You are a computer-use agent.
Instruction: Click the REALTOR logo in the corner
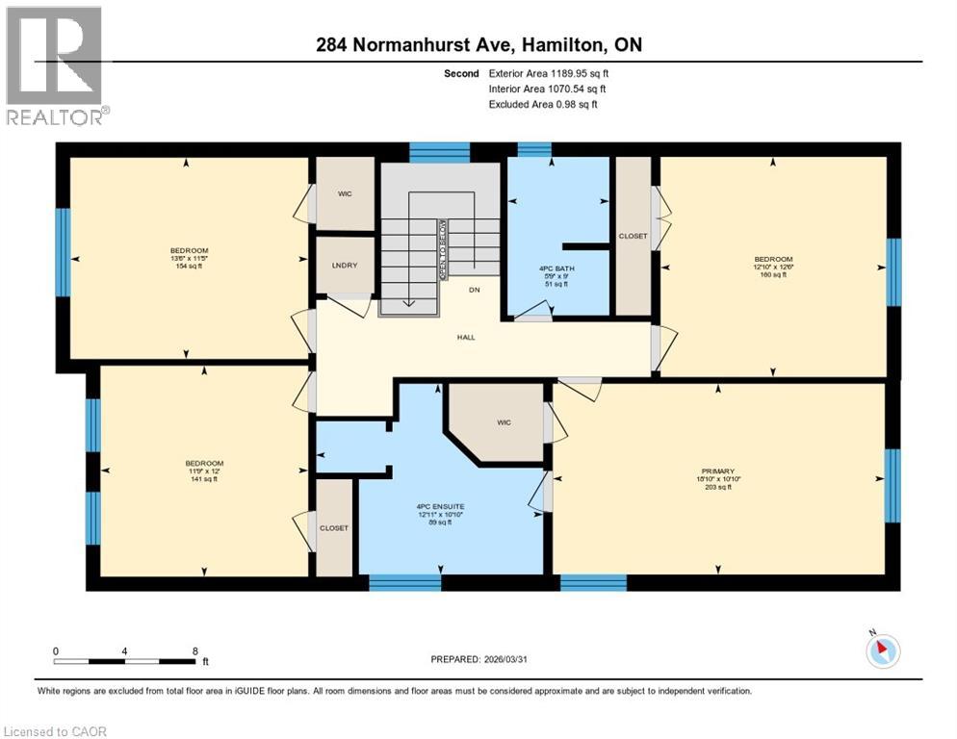[x=56, y=64]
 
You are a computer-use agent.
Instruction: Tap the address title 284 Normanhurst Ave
[x=478, y=45]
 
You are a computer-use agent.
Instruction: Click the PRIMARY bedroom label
[x=718, y=471]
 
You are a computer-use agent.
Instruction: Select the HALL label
[x=466, y=337]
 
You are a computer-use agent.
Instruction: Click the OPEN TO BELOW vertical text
[x=443, y=249]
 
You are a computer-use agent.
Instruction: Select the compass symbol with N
[x=882, y=650]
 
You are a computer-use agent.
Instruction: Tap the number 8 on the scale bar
[x=195, y=651]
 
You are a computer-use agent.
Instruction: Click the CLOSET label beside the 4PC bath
[x=633, y=236]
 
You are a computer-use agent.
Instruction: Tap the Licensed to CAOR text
[x=56, y=731]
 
